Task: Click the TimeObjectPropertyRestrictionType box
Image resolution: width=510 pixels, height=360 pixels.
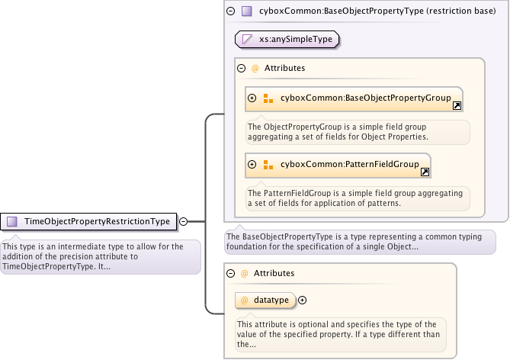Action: tap(89, 222)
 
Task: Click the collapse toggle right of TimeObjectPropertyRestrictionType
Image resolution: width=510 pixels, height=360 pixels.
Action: tap(183, 222)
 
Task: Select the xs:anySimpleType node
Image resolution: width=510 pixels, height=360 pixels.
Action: tap(287, 38)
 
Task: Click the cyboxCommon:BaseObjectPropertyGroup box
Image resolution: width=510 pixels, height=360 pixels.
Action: tap(354, 98)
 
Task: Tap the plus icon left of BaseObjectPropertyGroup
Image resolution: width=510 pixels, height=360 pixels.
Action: tap(252, 98)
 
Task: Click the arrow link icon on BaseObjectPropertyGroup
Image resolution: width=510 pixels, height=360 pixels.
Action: tap(457, 106)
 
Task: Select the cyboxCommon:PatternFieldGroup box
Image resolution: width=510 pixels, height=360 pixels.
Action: tap(338, 164)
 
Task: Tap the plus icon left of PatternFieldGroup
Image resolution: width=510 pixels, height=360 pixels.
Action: tap(252, 164)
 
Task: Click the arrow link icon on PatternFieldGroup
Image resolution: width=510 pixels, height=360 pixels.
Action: tap(425, 172)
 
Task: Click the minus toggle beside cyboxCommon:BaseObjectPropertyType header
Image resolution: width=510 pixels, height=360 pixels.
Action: tap(231, 11)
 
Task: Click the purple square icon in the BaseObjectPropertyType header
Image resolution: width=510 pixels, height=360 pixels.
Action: tap(246, 11)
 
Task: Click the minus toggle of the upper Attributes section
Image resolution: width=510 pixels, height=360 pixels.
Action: tap(242, 68)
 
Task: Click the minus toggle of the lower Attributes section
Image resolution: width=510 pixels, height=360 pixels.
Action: tap(231, 272)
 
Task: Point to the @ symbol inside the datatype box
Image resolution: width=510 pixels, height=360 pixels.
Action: tap(245, 301)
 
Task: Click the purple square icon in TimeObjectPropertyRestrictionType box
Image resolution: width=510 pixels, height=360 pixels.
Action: tap(12, 222)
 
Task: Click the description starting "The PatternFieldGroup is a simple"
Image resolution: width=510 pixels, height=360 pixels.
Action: tap(357, 198)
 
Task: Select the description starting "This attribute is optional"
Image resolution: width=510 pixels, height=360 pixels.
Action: tap(339, 334)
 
